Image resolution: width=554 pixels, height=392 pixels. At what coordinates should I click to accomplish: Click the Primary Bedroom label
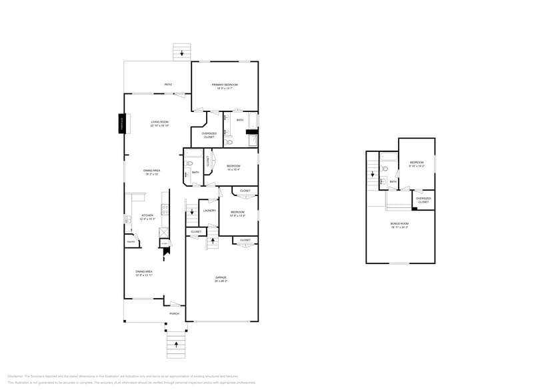pos(225,85)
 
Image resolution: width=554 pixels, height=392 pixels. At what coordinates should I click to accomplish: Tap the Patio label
pos(169,85)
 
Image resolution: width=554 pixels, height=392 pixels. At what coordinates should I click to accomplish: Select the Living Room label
pos(159,122)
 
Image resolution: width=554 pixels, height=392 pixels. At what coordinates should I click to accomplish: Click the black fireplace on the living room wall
pos(122,124)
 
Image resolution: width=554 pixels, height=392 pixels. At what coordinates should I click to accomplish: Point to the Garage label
pos(221,277)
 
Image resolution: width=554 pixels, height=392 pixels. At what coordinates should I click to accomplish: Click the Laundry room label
pos(209,211)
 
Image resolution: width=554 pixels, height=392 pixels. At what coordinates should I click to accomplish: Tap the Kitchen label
pos(147,215)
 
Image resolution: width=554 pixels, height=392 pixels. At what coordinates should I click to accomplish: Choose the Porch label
pos(174,313)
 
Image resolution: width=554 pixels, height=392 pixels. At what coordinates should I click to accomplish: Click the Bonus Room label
pos(400,223)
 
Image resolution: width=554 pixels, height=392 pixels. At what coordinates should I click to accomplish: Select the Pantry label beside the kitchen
pos(131,242)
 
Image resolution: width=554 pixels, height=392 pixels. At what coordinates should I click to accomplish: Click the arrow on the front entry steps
pos(176,345)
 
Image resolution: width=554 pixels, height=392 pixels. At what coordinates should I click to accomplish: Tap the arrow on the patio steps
pos(181,53)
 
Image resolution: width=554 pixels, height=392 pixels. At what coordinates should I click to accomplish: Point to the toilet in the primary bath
pos(229,142)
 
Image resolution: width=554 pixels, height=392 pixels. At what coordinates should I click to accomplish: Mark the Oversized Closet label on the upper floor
pos(423,199)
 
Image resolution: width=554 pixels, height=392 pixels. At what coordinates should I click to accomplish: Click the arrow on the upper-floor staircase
pos(373,174)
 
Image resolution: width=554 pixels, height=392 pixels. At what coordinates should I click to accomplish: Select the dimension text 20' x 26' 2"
pos(221,281)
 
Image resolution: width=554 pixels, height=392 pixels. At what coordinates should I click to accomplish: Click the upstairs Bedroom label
pos(417,163)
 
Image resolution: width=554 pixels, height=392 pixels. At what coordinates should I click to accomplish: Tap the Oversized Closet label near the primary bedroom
pos(209,135)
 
